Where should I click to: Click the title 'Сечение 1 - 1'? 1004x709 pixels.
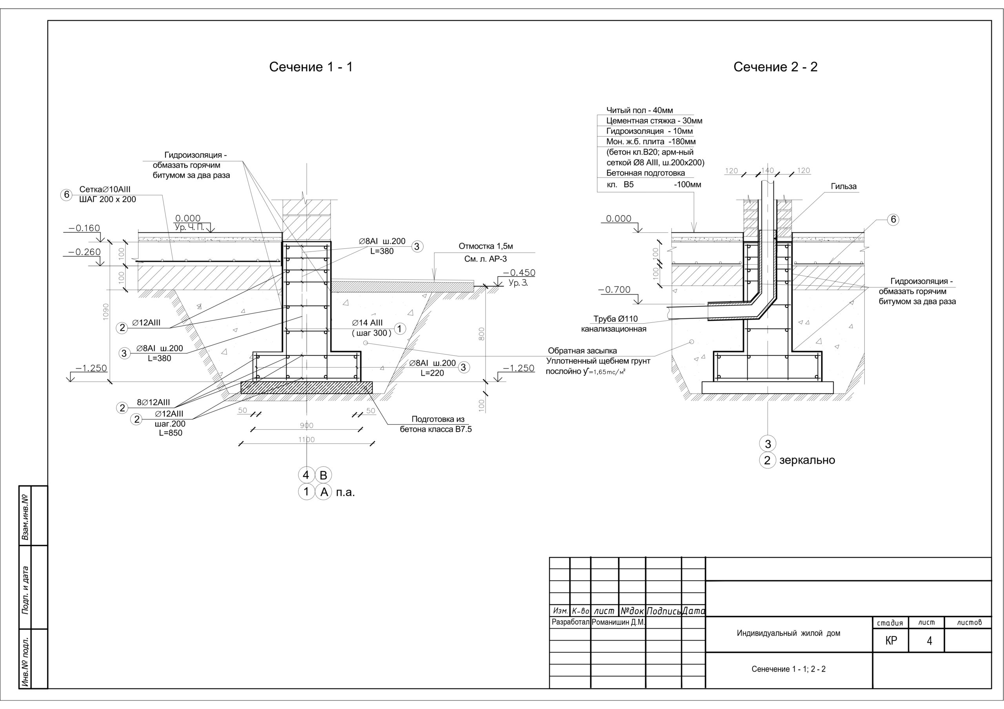(x=311, y=67)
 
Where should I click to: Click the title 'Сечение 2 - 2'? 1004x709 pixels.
(x=775, y=67)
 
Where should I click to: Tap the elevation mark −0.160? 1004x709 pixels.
(x=84, y=228)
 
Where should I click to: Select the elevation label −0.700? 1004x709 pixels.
(x=615, y=289)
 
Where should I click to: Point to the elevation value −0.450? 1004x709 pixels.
(x=518, y=273)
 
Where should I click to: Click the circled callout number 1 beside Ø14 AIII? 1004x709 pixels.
(x=400, y=329)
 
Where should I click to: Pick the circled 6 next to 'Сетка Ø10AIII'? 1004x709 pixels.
(x=66, y=194)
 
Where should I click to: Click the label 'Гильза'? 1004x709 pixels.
(x=844, y=186)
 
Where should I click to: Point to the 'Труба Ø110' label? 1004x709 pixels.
(x=615, y=319)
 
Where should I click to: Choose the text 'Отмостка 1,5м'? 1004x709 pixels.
(x=486, y=246)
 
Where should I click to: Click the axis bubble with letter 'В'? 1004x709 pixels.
(x=324, y=475)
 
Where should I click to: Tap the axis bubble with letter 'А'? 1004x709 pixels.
(x=324, y=492)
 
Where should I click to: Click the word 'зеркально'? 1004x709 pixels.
(x=807, y=460)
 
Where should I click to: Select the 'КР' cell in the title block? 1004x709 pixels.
(x=891, y=640)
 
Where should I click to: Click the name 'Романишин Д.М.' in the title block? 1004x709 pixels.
(x=618, y=622)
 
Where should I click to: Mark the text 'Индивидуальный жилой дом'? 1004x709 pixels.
(x=788, y=633)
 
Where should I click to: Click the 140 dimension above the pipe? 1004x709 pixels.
(x=768, y=170)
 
